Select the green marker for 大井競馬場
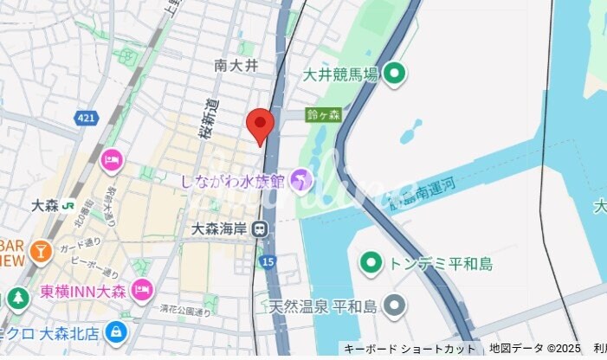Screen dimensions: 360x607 coord(395,74)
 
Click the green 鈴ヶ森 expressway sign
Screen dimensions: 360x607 coord(323,114)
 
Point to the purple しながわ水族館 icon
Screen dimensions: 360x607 coord(300,180)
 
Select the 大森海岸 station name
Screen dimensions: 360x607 coord(221,229)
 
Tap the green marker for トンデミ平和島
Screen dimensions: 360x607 coord(371,260)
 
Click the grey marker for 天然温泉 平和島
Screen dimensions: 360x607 coord(395,305)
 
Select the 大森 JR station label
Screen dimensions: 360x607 coord(45,206)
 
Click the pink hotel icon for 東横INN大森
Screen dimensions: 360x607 coord(142,288)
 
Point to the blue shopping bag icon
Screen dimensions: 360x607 coord(114,332)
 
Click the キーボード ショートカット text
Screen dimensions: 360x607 coord(409,349)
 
